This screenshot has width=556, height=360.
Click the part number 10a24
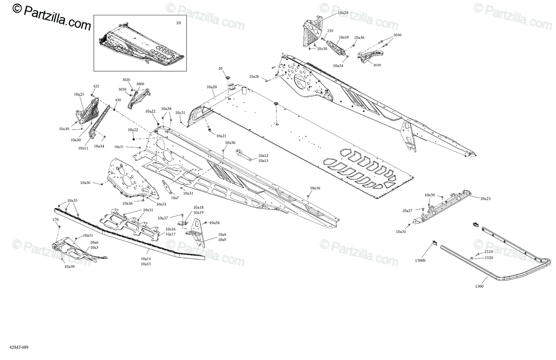tap(343, 13)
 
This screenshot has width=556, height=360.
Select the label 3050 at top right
tap(398, 35)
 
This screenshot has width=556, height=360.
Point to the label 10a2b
tap(254, 76)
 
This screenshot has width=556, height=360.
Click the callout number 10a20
tap(211, 87)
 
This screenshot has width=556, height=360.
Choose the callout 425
tap(96, 87)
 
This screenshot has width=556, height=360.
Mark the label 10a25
tap(79, 95)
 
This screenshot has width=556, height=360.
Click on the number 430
tap(118, 100)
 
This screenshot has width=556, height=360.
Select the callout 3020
tap(126, 80)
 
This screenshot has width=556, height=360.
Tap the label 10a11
tap(83, 148)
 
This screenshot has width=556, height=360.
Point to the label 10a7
tap(174, 198)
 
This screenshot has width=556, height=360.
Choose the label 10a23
tap(485, 198)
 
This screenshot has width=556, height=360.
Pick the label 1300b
tap(421, 261)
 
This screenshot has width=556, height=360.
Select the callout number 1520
tap(489, 258)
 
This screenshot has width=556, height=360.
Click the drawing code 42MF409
tap(12, 347)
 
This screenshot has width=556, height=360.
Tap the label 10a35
tap(72, 201)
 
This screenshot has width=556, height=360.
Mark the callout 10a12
tap(263, 156)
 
